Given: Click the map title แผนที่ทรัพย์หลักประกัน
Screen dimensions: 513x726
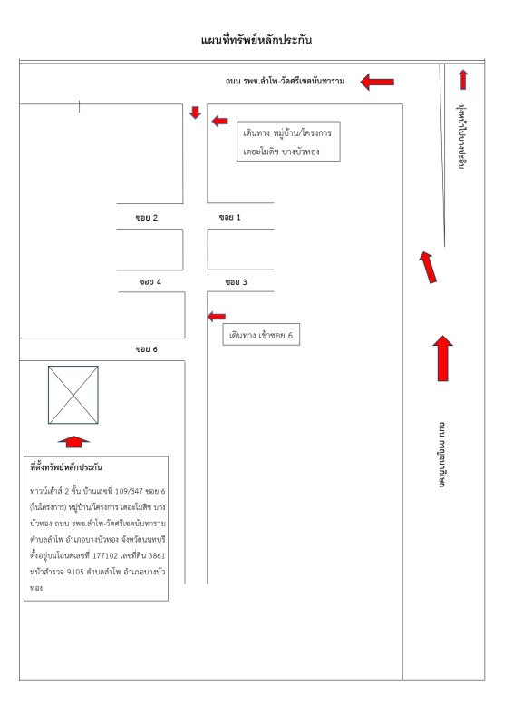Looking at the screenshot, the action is [256, 40].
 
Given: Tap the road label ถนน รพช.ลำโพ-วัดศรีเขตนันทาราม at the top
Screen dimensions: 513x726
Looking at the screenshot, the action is [285, 81].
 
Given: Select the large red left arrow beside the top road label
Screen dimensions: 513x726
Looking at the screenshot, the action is [377, 82].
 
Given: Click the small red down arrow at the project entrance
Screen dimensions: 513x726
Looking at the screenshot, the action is [195, 113].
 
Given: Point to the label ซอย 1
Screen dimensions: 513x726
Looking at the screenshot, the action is [230, 217].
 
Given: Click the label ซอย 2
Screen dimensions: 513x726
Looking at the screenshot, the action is [147, 218].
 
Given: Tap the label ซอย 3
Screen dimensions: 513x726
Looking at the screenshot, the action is [236, 282].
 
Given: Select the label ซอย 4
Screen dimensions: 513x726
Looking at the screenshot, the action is [150, 281].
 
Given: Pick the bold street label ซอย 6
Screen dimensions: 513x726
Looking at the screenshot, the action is [147, 349].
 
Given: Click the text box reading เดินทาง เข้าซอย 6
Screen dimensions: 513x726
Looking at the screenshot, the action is [261, 334].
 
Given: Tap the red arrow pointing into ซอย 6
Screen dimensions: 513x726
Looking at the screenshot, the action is [217, 317].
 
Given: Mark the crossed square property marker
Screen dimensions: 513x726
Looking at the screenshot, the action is [73, 395].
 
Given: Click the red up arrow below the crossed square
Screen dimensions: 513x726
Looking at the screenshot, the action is [74, 442].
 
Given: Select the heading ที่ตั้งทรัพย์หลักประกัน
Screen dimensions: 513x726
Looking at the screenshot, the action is [66, 467].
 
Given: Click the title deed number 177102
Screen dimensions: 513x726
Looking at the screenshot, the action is [105, 555].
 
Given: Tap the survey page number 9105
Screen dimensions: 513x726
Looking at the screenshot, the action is [75, 572].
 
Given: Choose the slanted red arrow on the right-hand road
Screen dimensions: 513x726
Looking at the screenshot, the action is [428, 267].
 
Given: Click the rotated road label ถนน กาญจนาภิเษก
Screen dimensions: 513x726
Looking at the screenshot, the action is [442, 455].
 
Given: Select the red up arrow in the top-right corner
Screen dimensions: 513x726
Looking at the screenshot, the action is [463, 79].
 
